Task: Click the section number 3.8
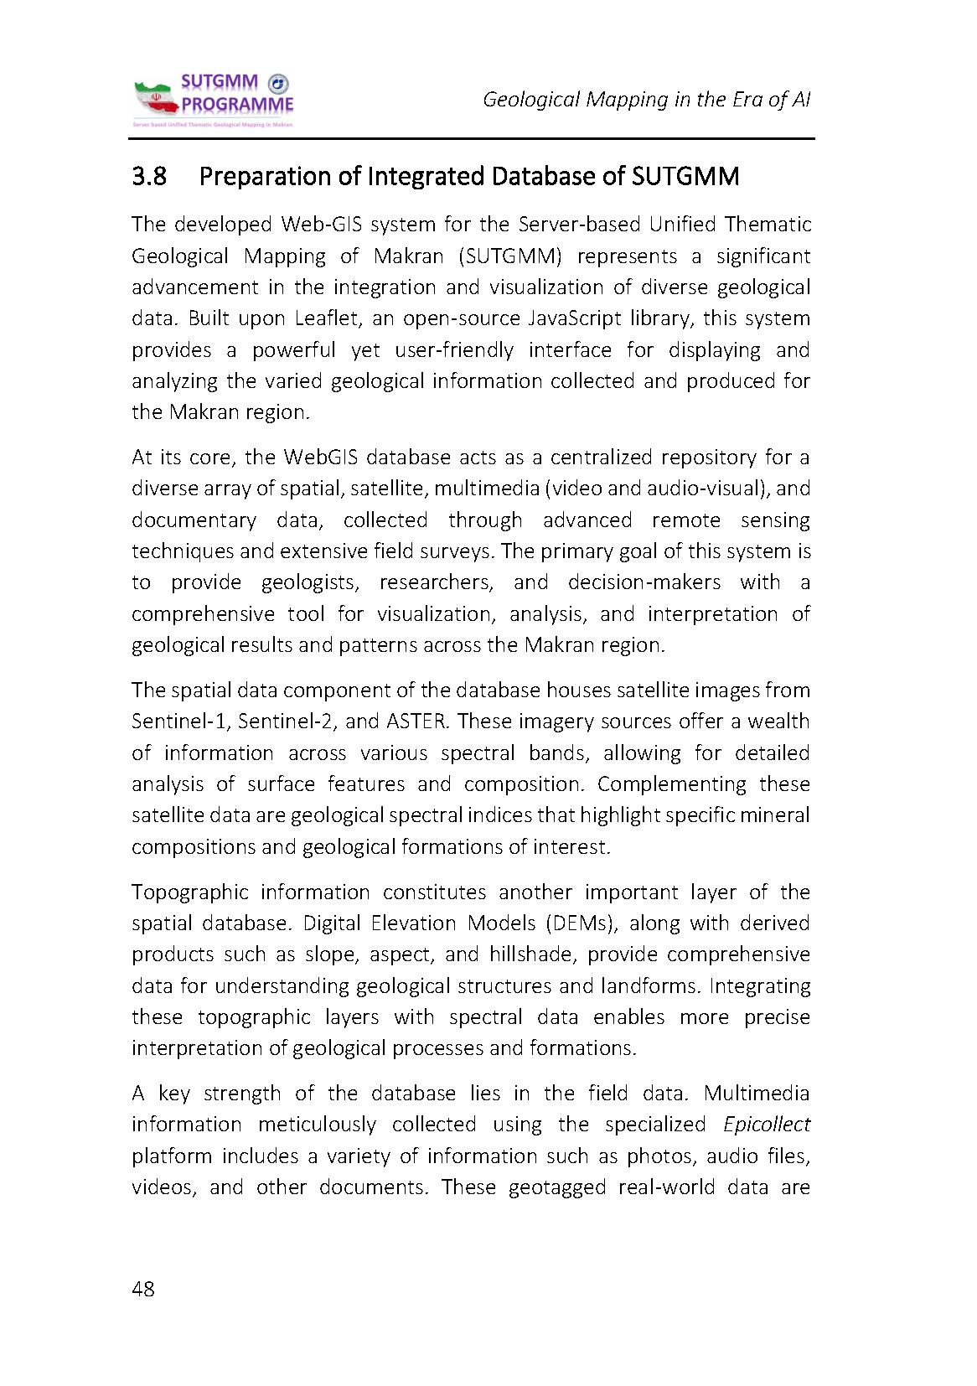pos(149,177)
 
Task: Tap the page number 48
pos(143,1288)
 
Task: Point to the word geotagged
pos(557,1187)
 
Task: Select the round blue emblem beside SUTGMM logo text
pos(278,83)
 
